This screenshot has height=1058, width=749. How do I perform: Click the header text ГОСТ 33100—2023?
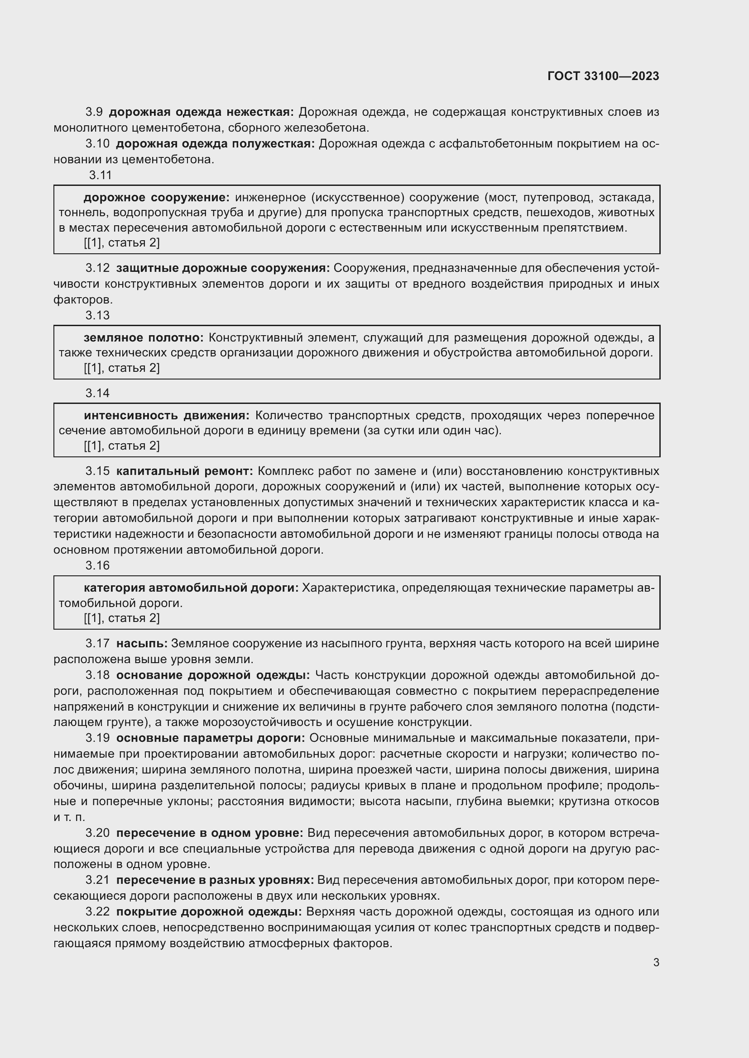click(603, 76)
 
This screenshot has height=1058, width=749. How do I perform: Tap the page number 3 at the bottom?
click(656, 962)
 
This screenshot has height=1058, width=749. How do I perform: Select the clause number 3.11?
click(101, 175)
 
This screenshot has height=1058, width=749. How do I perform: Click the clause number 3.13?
click(97, 315)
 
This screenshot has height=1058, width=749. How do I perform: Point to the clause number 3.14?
click(97, 393)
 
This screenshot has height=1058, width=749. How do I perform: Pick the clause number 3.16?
click(97, 565)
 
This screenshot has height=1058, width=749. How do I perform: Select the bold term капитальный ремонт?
click(184, 471)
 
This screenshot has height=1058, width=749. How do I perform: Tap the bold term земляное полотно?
click(144, 338)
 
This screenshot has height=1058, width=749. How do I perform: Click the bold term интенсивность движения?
click(166, 416)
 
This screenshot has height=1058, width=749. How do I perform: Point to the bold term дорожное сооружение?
click(156, 198)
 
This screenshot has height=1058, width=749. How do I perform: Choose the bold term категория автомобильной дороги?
click(191, 588)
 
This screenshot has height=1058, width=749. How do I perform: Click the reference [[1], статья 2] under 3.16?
click(122, 618)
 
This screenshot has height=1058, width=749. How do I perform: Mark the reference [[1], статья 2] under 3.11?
click(122, 243)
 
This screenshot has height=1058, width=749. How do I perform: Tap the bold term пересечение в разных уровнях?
click(215, 880)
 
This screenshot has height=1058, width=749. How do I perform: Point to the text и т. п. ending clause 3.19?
click(69, 817)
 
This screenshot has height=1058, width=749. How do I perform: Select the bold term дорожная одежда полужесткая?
click(215, 144)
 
